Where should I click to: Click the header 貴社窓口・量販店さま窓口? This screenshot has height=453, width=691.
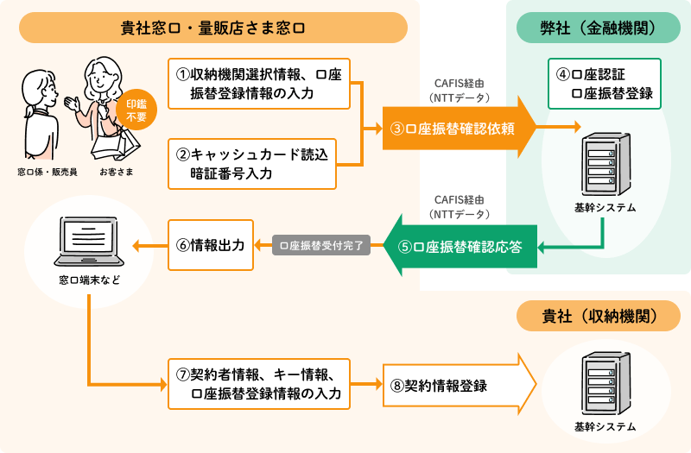coord(212,28)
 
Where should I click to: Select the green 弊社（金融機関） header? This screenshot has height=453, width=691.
coord(598,28)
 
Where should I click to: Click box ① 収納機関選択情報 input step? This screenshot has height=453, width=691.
coord(258,84)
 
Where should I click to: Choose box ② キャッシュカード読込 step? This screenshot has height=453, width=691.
coord(251,164)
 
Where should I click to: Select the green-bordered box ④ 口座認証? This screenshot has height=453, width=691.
coord(604,84)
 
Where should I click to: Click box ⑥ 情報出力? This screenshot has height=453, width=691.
coord(211,245)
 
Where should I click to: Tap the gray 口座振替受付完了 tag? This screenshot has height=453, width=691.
coord(321,246)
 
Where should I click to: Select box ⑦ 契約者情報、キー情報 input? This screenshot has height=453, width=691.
coord(258,383)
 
